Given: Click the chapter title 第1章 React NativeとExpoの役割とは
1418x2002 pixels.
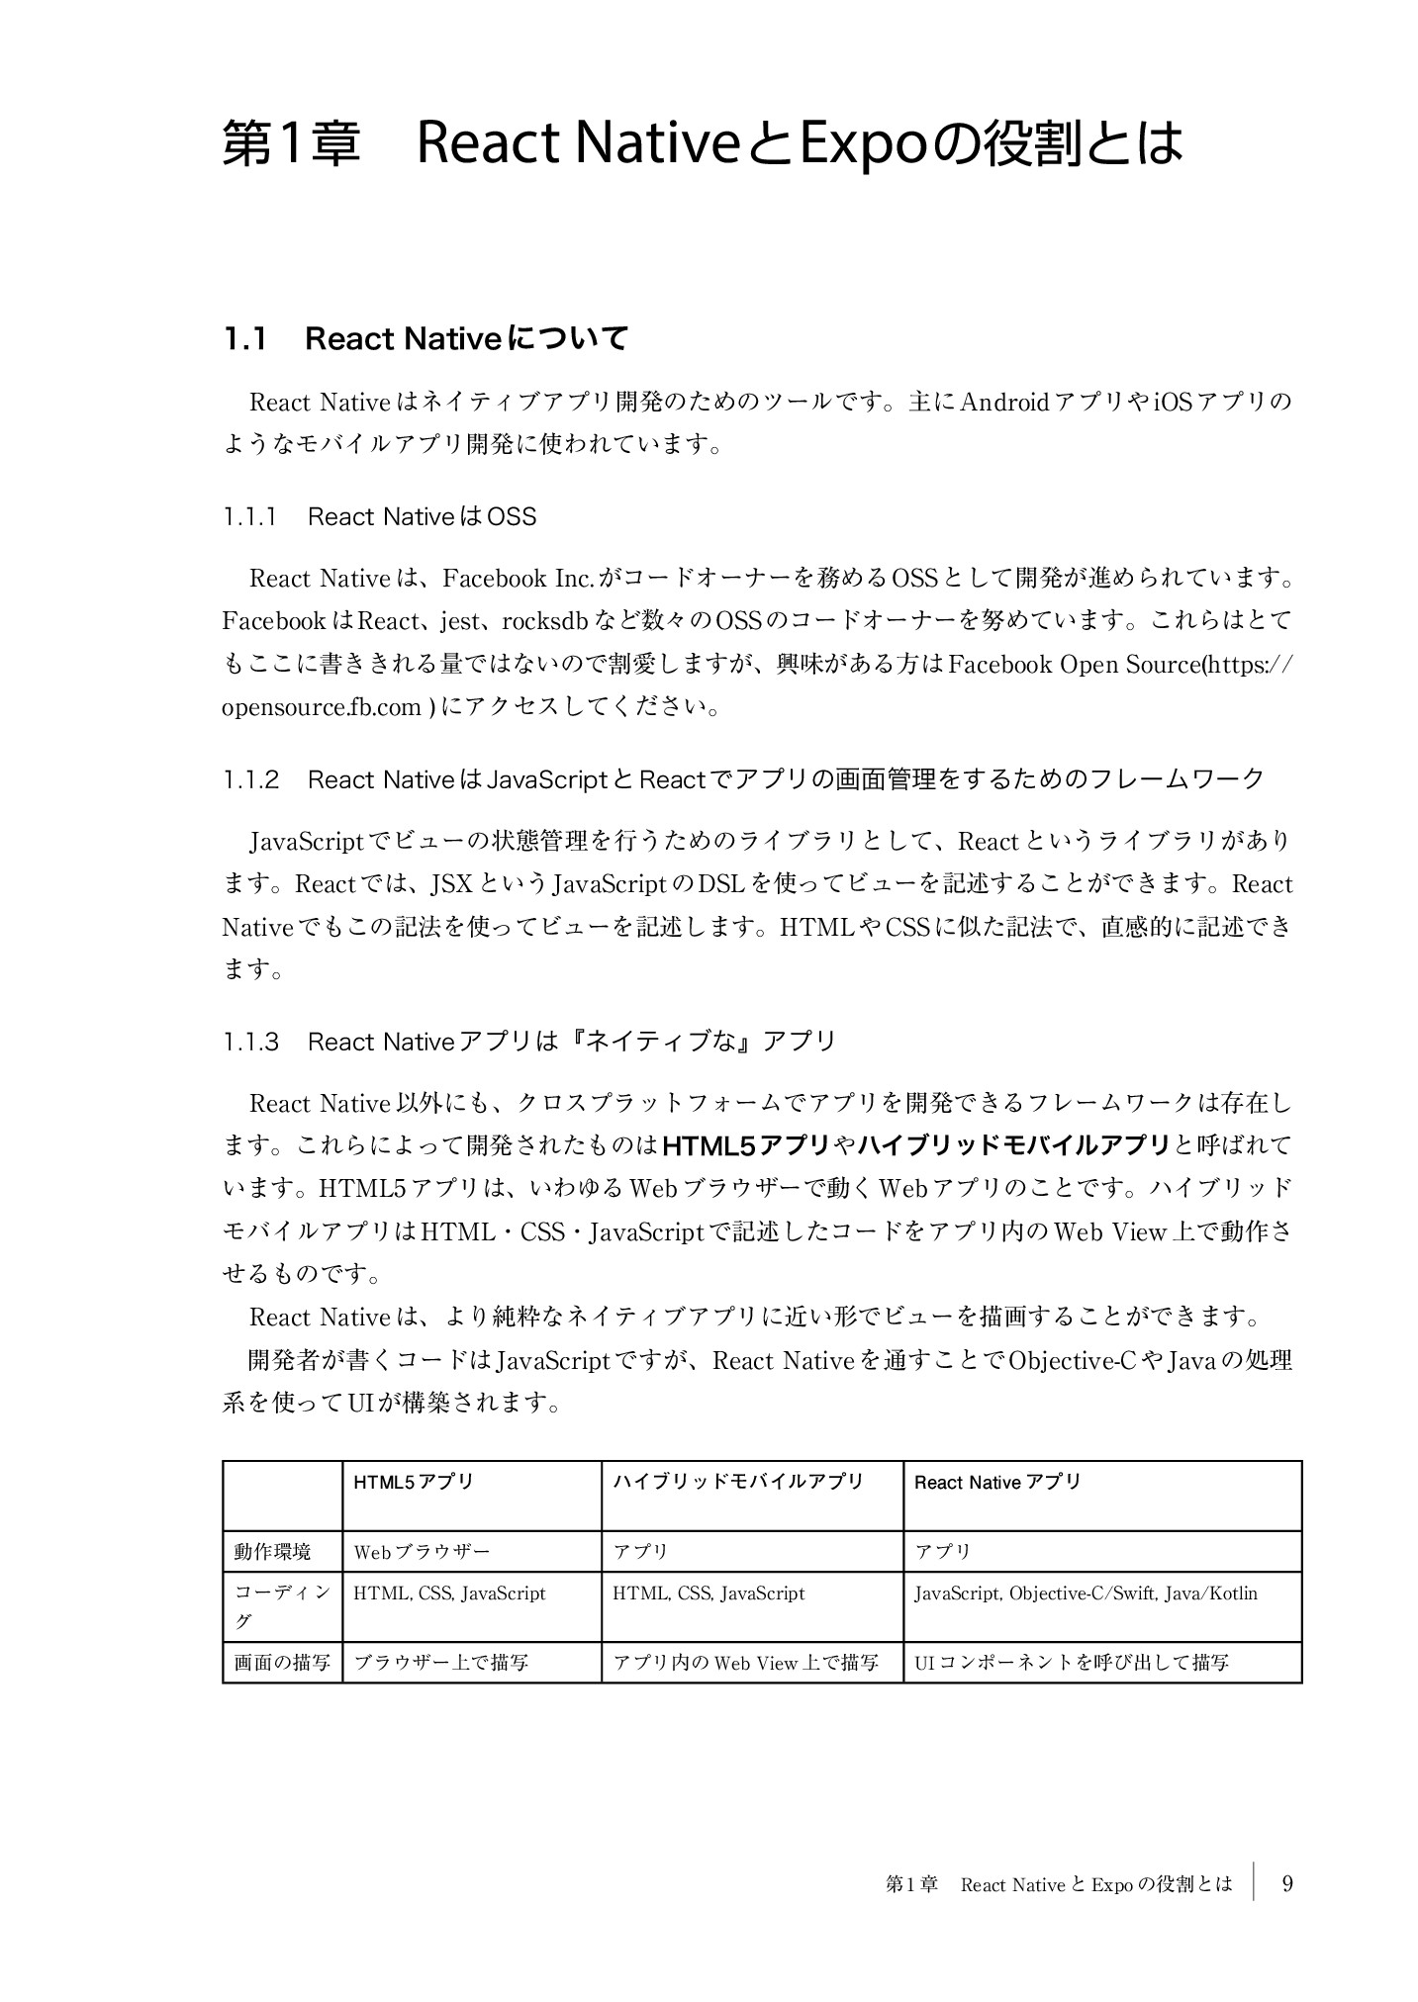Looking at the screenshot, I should click(x=702, y=144).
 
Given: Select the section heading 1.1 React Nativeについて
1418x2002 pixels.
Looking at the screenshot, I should click(x=425, y=339).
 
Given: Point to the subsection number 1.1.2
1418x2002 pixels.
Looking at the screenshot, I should click(x=251, y=779).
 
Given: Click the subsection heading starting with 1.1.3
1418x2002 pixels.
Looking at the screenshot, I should click(x=529, y=1042).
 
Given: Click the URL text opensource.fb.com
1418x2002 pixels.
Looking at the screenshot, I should click(x=321, y=708).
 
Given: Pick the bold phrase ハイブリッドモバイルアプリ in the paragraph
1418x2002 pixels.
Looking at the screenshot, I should click(x=1014, y=1145).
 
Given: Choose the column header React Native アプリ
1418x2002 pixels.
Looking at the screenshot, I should click(x=996, y=1482).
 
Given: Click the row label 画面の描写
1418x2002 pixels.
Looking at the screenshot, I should click(x=282, y=1663).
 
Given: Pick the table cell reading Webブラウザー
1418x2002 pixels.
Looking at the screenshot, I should click(x=422, y=1551).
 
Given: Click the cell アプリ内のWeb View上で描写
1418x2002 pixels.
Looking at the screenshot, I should click(x=745, y=1663).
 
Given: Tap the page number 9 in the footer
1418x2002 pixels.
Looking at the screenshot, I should click(x=1286, y=1883).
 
